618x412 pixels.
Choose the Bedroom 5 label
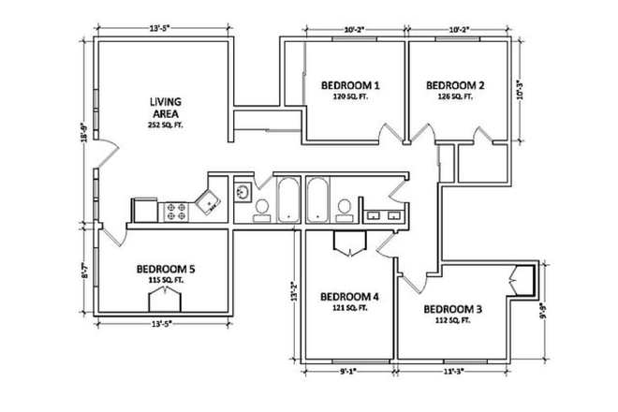click(x=165, y=268)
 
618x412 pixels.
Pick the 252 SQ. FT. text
click(x=166, y=125)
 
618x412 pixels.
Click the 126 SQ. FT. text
click(x=452, y=96)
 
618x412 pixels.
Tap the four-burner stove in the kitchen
click(x=176, y=211)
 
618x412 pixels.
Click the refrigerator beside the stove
click(x=147, y=210)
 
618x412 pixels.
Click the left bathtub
click(x=288, y=199)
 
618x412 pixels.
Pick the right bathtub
click(x=316, y=199)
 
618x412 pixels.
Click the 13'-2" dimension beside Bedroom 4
click(x=294, y=292)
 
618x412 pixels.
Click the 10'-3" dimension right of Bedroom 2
click(x=524, y=91)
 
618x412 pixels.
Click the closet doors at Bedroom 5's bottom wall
click(x=165, y=302)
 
